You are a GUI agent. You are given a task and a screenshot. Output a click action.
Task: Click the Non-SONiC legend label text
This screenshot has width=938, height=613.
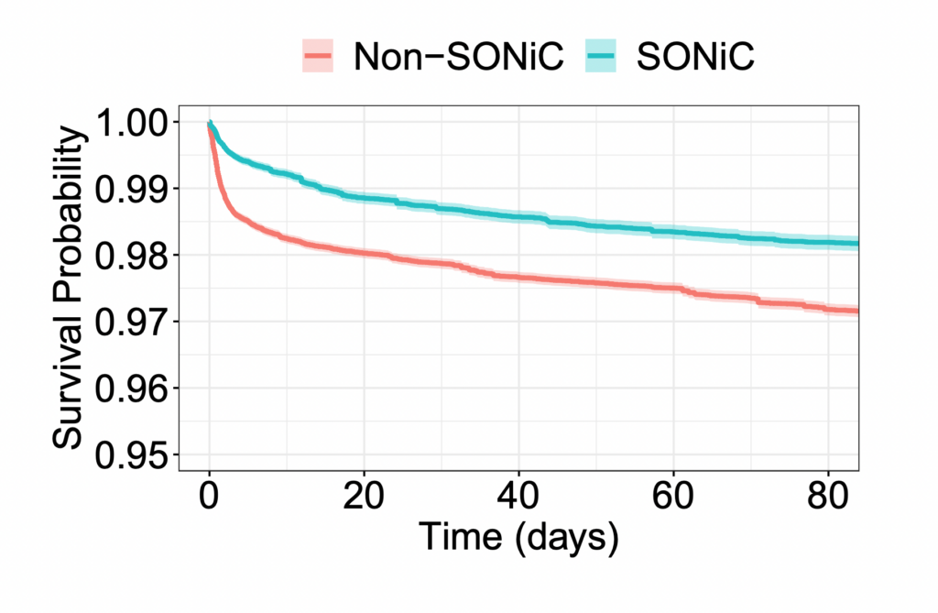pos(461,58)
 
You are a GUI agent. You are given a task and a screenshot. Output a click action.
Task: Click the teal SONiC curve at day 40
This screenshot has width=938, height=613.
pos(518,217)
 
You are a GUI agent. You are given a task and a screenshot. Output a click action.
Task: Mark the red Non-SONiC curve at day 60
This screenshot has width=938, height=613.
pos(673,289)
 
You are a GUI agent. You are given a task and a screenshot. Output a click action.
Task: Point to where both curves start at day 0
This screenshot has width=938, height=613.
pos(210,123)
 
